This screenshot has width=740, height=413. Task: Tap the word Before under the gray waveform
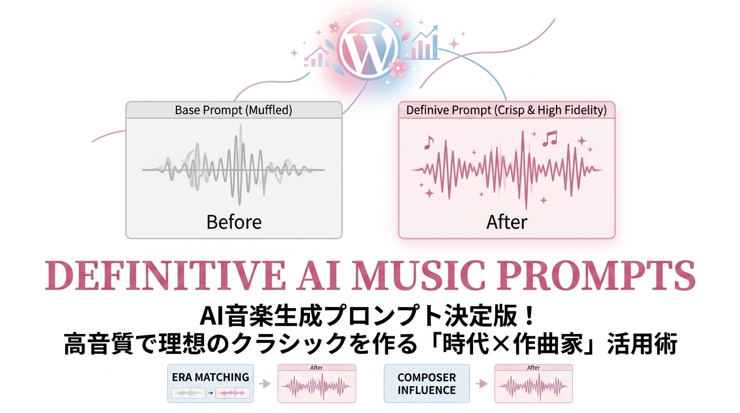click(x=234, y=222)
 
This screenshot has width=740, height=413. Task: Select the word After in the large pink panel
click(x=507, y=222)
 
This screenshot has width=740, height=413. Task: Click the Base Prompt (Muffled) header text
click(x=234, y=110)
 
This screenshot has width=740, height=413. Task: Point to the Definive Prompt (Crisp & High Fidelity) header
click(x=506, y=110)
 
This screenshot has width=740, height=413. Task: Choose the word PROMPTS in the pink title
click(x=596, y=276)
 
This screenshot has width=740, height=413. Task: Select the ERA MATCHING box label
click(x=210, y=377)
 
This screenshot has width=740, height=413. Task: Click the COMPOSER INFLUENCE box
click(x=426, y=383)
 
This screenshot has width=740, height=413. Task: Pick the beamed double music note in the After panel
click(x=550, y=139)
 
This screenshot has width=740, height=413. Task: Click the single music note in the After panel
click(x=428, y=143)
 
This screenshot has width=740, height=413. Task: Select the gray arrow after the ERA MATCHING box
click(x=265, y=384)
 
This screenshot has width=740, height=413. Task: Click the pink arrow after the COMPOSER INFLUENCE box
click(x=481, y=384)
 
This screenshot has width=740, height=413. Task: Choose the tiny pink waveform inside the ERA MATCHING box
click(x=232, y=393)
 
